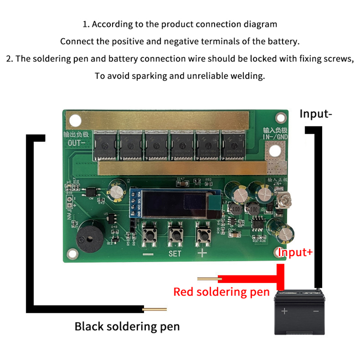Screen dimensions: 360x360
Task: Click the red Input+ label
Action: coord(295,252)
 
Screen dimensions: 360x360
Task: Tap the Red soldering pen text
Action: coord(221,292)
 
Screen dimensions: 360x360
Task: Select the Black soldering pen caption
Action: coord(127,326)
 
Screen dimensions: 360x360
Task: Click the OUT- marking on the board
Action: coord(76,143)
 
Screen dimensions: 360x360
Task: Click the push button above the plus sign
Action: coord(202,234)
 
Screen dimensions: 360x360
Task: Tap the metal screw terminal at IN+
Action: coord(284,200)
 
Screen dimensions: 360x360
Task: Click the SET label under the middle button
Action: coord(175,254)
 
